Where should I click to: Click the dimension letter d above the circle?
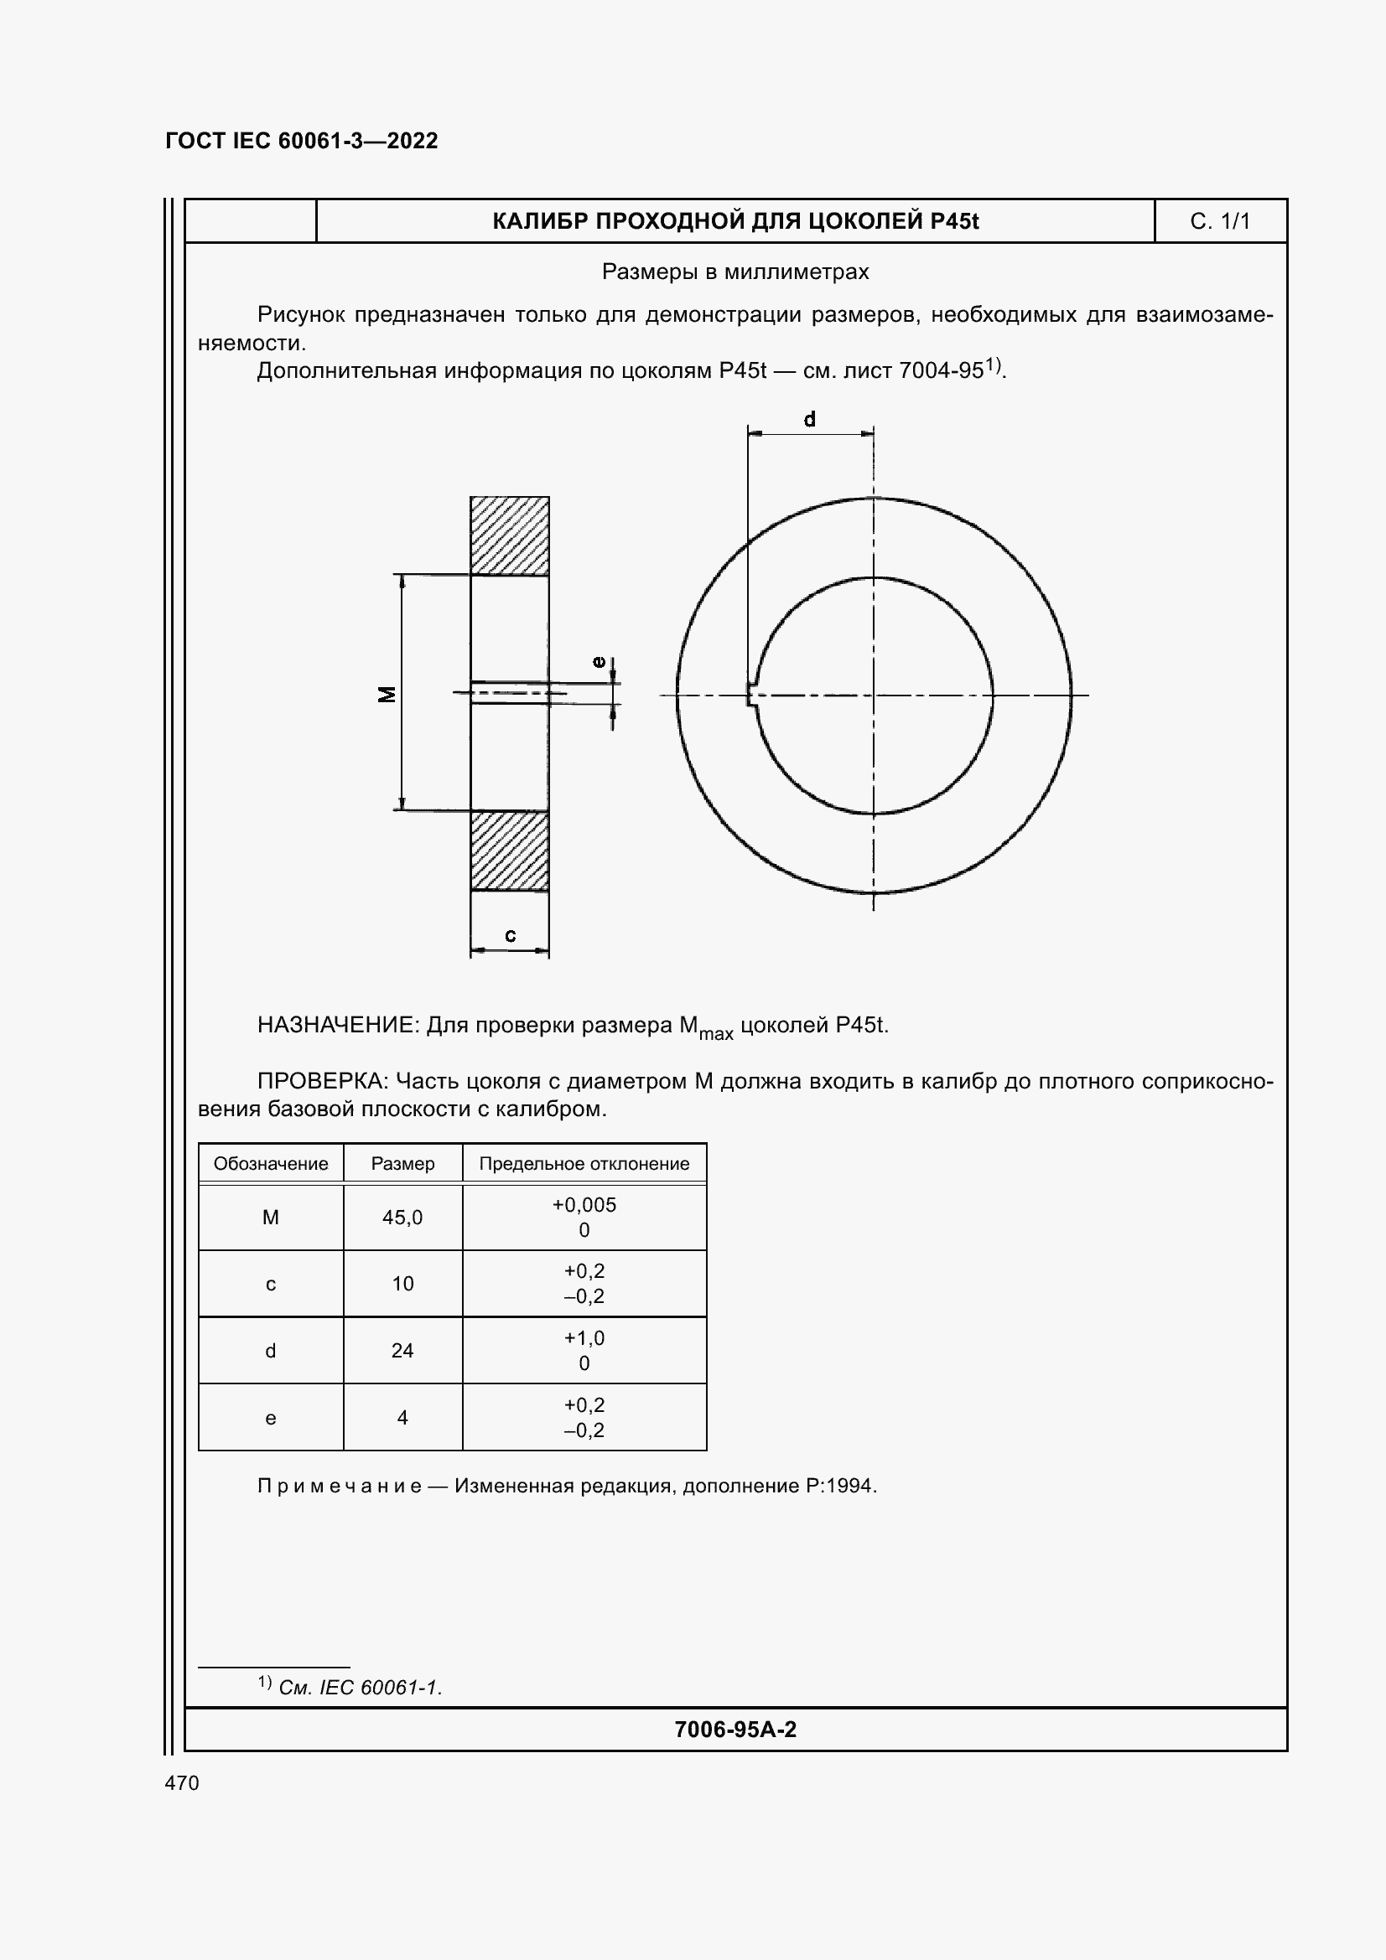click(x=810, y=419)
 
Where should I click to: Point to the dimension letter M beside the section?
click(x=387, y=694)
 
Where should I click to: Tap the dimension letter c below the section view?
click(x=511, y=936)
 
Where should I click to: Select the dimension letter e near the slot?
click(x=600, y=662)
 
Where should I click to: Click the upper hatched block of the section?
click(x=510, y=535)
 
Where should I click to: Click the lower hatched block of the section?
click(x=510, y=851)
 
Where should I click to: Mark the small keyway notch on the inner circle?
click(x=751, y=694)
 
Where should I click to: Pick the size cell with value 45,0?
click(x=402, y=1218)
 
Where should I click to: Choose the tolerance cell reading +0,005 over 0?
click(x=584, y=1218)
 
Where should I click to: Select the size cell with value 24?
click(x=402, y=1351)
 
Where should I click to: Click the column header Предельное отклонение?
click(x=584, y=1164)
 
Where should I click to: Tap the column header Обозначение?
click(x=271, y=1164)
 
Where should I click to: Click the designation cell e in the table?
click(x=271, y=1418)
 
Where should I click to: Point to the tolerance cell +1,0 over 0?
click(x=584, y=1351)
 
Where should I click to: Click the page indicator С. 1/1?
click(x=1219, y=222)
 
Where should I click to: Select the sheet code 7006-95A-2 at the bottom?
click(x=735, y=1730)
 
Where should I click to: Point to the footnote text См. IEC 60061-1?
click(x=360, y=1688)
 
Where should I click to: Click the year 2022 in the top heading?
click(x=413, y=141)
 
